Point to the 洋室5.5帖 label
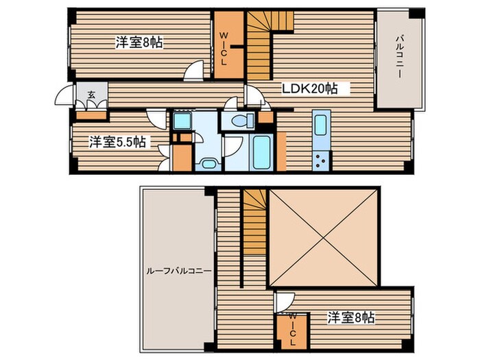pos(117,142)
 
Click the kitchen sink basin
pos(321,129)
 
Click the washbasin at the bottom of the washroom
pos(207,163)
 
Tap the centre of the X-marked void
pos(323,237)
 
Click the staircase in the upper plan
pos(261,45)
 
